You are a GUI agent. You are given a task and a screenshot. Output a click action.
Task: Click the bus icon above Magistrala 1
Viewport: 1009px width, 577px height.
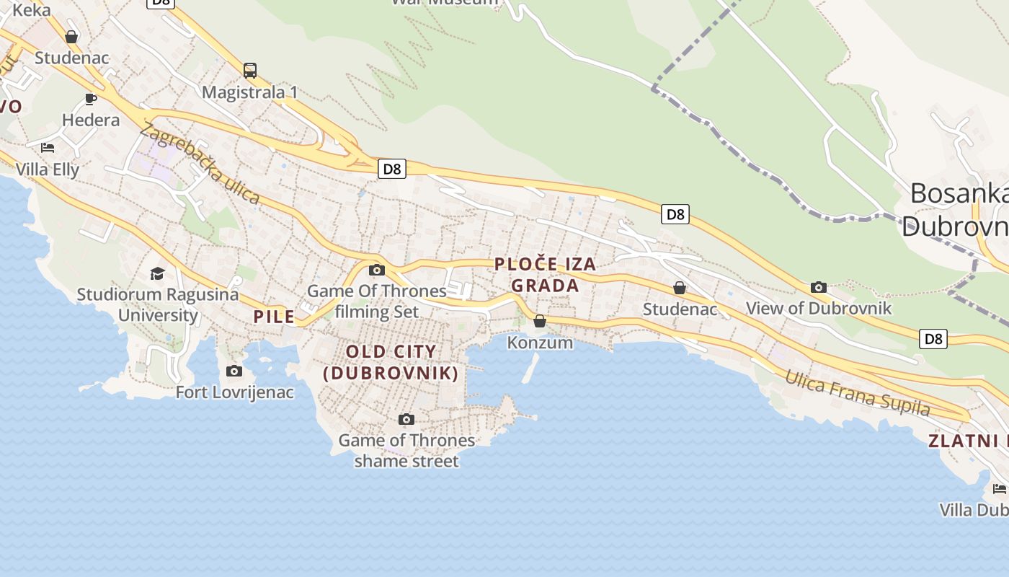[250, 71]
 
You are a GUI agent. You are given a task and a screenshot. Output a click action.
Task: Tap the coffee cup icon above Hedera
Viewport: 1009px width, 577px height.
[91, 99]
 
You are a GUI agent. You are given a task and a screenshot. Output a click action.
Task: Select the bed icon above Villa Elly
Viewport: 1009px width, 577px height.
[48, 148]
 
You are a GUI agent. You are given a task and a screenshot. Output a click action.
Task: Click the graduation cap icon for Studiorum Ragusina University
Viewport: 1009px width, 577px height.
[157, 273]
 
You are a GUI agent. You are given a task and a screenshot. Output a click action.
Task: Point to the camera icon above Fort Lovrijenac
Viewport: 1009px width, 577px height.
[234, 371]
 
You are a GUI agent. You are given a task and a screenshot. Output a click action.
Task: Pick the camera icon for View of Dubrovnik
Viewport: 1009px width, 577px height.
[818, 287]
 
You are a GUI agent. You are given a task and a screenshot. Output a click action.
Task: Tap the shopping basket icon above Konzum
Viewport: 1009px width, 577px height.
[540, 321]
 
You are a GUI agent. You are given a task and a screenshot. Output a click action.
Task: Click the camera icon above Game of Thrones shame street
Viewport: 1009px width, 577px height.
[406, 419]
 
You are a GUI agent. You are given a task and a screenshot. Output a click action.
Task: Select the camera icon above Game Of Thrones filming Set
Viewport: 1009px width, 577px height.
[376, 270]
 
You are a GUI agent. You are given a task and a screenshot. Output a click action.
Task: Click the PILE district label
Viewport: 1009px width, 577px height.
[274, 317]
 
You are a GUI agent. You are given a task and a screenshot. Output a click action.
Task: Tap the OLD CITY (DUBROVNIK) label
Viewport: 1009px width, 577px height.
[391, 362]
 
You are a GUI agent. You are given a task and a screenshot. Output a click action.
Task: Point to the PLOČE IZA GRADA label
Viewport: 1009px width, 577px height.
[546, 275]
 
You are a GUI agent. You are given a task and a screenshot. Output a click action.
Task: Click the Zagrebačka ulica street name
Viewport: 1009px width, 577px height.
[200, 164]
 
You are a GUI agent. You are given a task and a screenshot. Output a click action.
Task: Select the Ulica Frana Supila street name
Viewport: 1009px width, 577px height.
[857, 392]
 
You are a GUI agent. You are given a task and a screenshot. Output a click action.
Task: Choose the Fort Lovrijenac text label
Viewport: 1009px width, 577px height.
[235, 392]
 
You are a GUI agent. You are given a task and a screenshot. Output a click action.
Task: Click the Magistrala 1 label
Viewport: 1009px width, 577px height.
[250, 92]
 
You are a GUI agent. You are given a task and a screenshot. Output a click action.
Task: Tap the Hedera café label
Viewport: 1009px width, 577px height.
[91, 120]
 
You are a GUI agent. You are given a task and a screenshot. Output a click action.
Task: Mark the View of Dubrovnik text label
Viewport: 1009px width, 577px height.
[819, 309]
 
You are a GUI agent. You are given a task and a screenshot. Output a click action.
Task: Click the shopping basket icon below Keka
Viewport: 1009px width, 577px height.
[71, 37]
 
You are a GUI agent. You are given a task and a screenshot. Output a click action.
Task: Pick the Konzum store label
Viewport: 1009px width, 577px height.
[541, 343]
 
